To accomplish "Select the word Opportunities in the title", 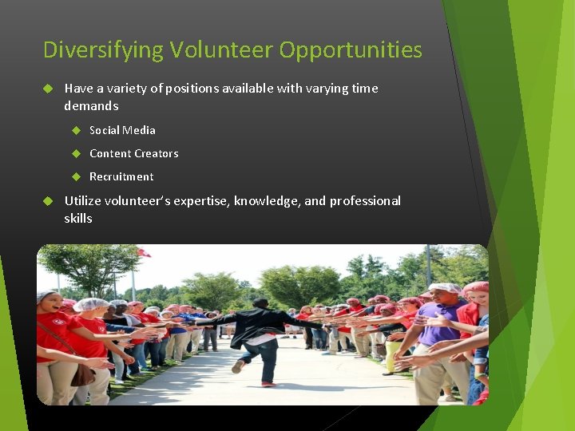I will tap(351, 50).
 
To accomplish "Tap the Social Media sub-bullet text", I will tap(122, 130).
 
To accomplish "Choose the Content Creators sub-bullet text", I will tap(133, 153).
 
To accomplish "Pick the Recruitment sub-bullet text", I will tap(121, 176).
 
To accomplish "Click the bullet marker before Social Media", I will tap(77, 130).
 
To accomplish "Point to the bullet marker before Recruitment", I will tap(77, 176).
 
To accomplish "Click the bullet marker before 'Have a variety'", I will tap(48, 89).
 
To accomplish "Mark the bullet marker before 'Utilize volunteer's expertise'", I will tap(48, 201).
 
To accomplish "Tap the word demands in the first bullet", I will tap(91, 106).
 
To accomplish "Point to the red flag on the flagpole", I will tap(144, 252).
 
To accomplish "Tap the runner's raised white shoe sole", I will tap(237, 366).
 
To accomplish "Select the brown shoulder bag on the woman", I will tap(81, 374).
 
